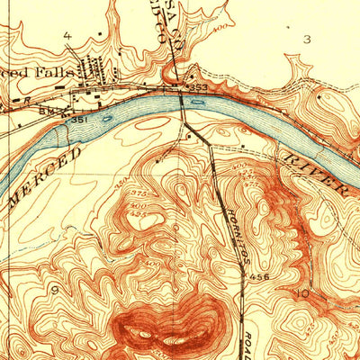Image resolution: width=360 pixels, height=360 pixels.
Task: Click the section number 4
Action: [x=67, y=35]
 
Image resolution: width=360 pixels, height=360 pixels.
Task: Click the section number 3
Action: [x=307, y=39]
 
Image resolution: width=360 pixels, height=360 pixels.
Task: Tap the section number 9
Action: [x=57, y=289]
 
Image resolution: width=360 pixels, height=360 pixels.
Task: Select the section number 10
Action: [x=305, y=293]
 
